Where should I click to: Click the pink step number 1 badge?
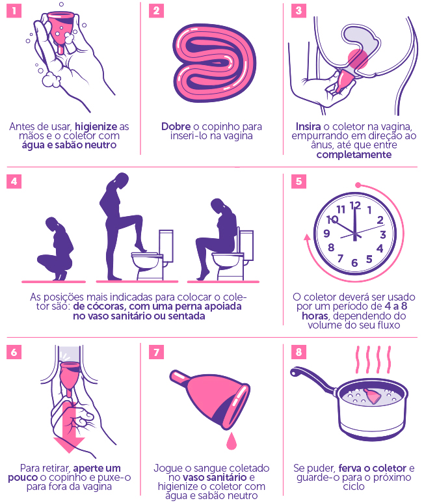[x=14, y=10]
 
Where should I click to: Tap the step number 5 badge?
[x=298, y=182]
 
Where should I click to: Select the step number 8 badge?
[x=298, y=352]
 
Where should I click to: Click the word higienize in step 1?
[x=96, y=127]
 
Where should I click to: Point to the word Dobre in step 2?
[x=176, y=126]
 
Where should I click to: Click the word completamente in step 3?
[x=354, y=155]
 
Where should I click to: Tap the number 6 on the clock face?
[x=354, y=263]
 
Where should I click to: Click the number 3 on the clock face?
[x=383, y=235]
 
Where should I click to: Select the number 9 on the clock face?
[x=326, y=233]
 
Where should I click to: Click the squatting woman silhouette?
[x=56, y=249]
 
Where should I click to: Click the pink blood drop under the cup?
[x=231, y=441]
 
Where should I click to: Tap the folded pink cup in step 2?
[x=214, y=64]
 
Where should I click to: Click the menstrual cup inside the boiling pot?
[x=373, y=396]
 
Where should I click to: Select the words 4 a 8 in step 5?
[x=396, y=306]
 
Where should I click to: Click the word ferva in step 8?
[x=350, y=469]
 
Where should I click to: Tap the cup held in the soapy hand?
[x=60, y=31]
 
